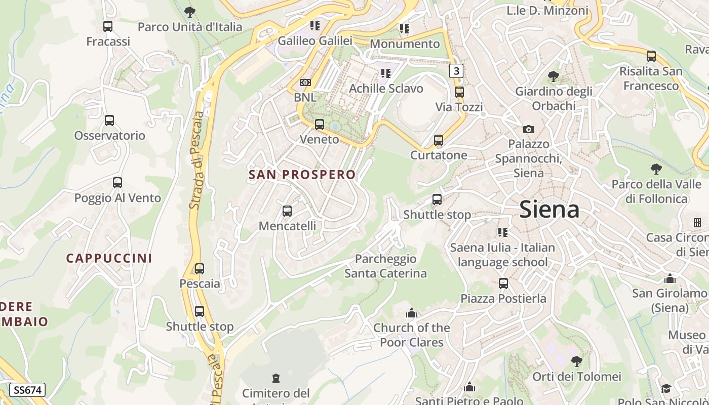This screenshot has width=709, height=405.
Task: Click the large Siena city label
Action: pyautogui.click(x=549, y=209)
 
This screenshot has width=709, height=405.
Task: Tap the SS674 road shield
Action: pyautogui.click(x=27, y=390)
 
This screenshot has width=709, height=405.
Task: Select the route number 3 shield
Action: pyautogui.click(x=456, y=71)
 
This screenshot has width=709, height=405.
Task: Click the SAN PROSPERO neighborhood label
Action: pyautogui.click(x=302, y=175)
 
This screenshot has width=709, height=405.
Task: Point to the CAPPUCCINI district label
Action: pyautogui.click(x=109, y=258)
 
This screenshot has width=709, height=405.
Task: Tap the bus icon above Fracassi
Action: pyautogui.click(x=108, y=26)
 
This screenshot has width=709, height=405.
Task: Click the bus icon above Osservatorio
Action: pyautogui.click(x=109, y=120)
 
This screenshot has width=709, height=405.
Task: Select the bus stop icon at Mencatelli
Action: pyautogui.click(x=287, y=211)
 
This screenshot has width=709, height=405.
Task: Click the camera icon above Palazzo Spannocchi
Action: pyautogui.click(x=528, y=130)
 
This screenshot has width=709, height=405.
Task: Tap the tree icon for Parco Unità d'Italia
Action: pyautogui.click(x=190, y=12)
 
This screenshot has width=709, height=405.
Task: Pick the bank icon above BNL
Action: pyautogui.click(x=305, y=82)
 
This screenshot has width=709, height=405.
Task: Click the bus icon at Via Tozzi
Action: pyautogui.click(x=459, y=92)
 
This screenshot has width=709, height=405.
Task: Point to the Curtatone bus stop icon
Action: pyautogui.click(x=439, y=140)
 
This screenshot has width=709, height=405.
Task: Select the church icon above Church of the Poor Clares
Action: pyautogui.click(x=412, y=313)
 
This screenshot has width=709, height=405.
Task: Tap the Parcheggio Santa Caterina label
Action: pyautogui.click(x=385, y=266)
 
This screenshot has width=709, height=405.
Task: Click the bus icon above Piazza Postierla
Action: pyautogui.click(x=503, y=283)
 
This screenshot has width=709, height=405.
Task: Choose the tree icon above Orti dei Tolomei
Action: pyautogui.click(x=576, y=361)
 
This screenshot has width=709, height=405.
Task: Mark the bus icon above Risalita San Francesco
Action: pyautogui.click(x=651, y=56)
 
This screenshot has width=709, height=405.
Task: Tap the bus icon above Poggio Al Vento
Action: pyautogui.click(x=117, y=183)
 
